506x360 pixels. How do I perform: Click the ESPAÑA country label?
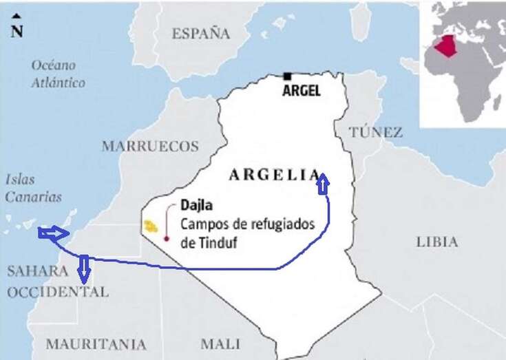(x=200, y=33)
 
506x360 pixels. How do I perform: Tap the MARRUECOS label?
(x=150, y=146)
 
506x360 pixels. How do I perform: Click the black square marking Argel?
(x=287, y=76)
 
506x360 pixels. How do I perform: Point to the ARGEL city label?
(x=302, y=90)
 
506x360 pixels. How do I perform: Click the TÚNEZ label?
(x=375, y=132)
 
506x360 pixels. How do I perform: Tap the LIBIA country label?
(x=436, y=242)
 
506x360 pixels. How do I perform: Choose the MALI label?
(x=220, y=343)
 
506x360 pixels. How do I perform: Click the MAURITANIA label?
(x=96, y=343)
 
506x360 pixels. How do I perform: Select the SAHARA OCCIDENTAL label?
(x=58, y=281)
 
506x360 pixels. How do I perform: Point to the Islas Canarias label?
(x=33, y=188)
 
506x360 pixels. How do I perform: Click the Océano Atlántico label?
(x=59, y=74)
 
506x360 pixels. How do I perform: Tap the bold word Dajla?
(x=195, y=205)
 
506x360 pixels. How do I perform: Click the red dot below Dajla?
(x=166, y=239)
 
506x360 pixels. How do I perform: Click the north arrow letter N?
(x=17, y=32)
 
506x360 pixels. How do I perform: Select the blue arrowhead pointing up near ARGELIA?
(x=323, y=182)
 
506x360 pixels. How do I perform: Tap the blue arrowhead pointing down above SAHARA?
(x=83, y=270)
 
